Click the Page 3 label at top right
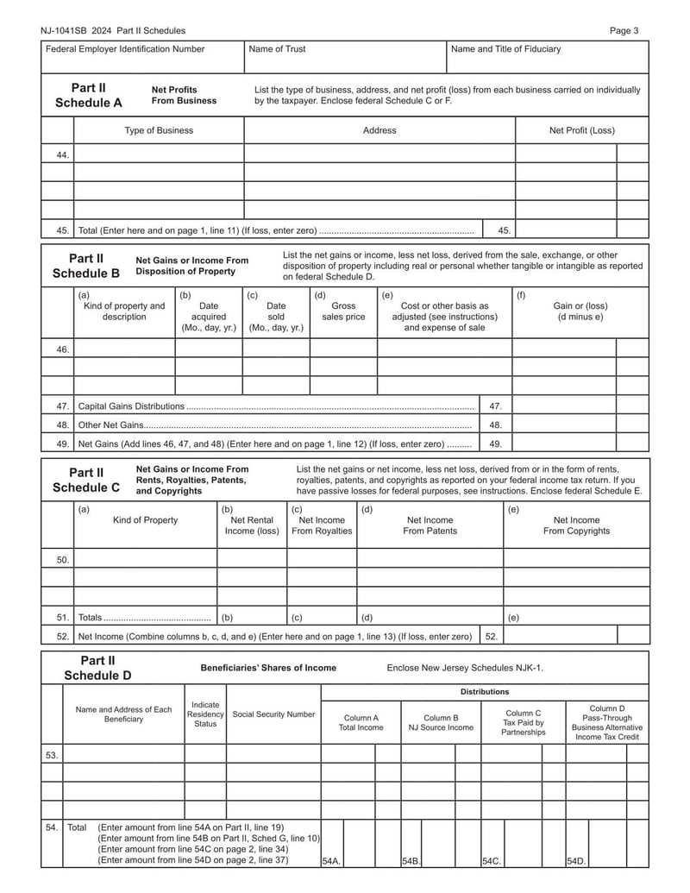pyautogui.click(x=624, y=31)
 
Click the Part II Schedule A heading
pyautogui.click(x=89, y=96)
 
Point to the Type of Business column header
pyautogui.click(x=159, y=130)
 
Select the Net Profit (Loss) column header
pyautogui.click(x=581, y=130)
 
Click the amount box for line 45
pyautogui.click(x=566, y=230)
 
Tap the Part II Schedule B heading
pyautogui.click(x=86, y=266)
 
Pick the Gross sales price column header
pyautogui.click(x=343, y=311)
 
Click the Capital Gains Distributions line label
pyautogui.click(x=131, y=406)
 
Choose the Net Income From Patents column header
pyautogui.click(x=430, y=525)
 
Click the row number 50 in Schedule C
pyautogui.click(x=63, y=560)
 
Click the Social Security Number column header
pyautogui.click(x=273, y=714)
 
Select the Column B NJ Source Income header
pyautogui.click(x=441, y=722)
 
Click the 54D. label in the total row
pyautogui.click(x=575, y=861)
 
